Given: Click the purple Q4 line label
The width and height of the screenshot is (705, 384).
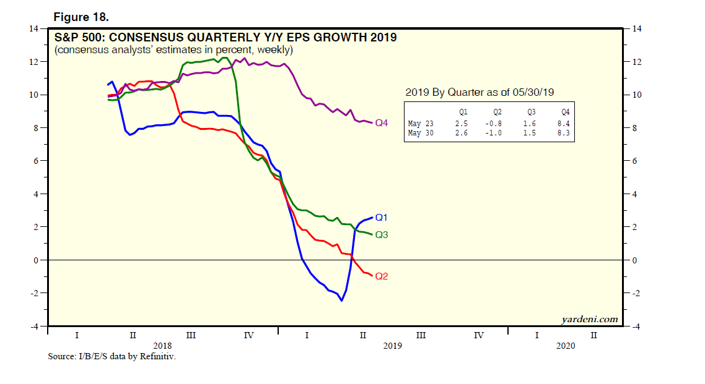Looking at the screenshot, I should click(x=382, y=123).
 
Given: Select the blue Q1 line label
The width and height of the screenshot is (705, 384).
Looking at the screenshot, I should click(x=382, y=218).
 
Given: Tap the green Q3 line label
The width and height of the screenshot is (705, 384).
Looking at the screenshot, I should click(x=382, y=235).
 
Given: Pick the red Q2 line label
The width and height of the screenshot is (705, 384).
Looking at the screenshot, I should click(x=382, y=276).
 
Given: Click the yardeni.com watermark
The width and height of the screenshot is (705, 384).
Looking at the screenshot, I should click(x=589, y=319).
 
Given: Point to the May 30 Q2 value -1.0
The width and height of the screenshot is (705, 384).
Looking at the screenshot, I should click(x=496, y=133).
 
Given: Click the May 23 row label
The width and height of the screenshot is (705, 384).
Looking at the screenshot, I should click(x=419, y=124).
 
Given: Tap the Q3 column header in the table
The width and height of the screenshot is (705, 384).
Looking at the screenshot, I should click(x=530, y=113).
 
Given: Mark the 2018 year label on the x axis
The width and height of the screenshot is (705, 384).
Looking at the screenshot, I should click(x=162, y=346).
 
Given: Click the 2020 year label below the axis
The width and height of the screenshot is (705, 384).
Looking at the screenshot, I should click(x=565, y=346).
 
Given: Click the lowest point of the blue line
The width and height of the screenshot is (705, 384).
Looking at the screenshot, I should click(x=341, y=301).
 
